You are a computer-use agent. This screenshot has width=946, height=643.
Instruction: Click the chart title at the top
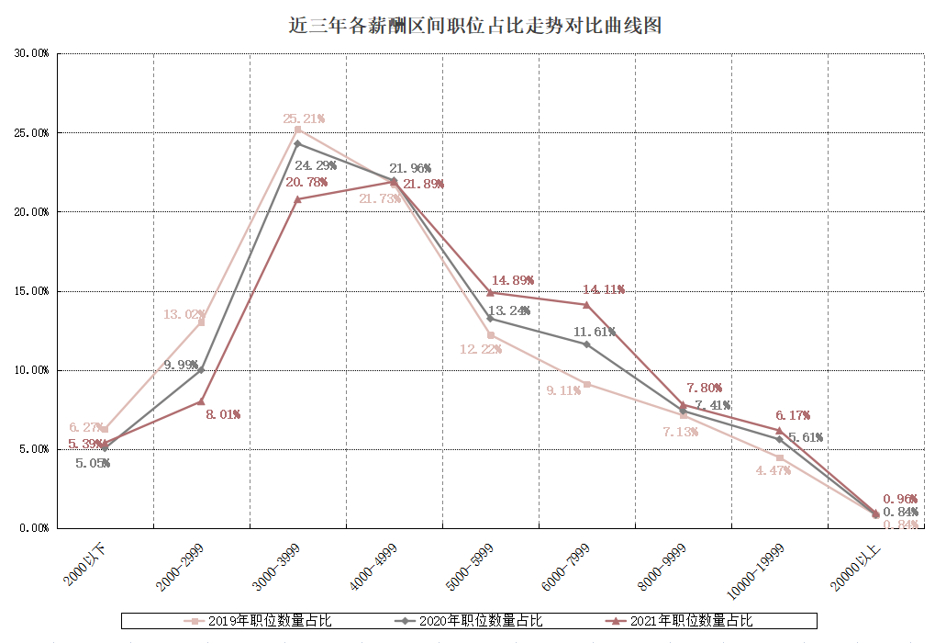click(474, 26)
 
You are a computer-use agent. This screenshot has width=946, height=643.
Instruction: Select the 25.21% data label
click(304, 119)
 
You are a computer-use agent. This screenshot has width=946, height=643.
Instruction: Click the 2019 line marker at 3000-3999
click(297, 130)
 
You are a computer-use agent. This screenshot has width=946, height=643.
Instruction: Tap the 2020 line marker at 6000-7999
click(586, 344)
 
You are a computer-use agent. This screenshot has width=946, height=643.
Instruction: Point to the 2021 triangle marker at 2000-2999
click(201, 401)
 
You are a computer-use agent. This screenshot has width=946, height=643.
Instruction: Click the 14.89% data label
click(512, 280)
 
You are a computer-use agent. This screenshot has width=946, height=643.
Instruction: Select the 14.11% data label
click(603, 289)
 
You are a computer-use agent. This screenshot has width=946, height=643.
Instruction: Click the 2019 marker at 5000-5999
click(490, 335)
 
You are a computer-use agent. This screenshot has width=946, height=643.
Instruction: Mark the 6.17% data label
click(792, 415)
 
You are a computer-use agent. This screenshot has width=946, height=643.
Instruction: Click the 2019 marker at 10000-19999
click(780, 457)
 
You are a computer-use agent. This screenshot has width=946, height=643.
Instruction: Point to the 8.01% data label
click(222, 414)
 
